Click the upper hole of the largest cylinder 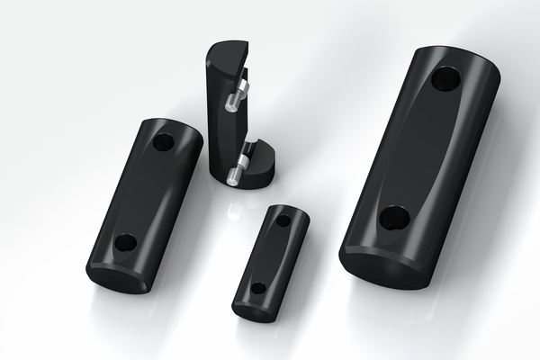tap(445, 79)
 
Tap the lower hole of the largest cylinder tap(394, 217)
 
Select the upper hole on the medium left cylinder tap(164, 142)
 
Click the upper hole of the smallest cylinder tap(283, 220)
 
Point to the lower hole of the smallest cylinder tap(258, 289)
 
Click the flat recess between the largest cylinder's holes tap(419, 148)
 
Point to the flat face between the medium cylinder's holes tap(145, 193)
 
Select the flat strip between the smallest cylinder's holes tap(271, 255)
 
